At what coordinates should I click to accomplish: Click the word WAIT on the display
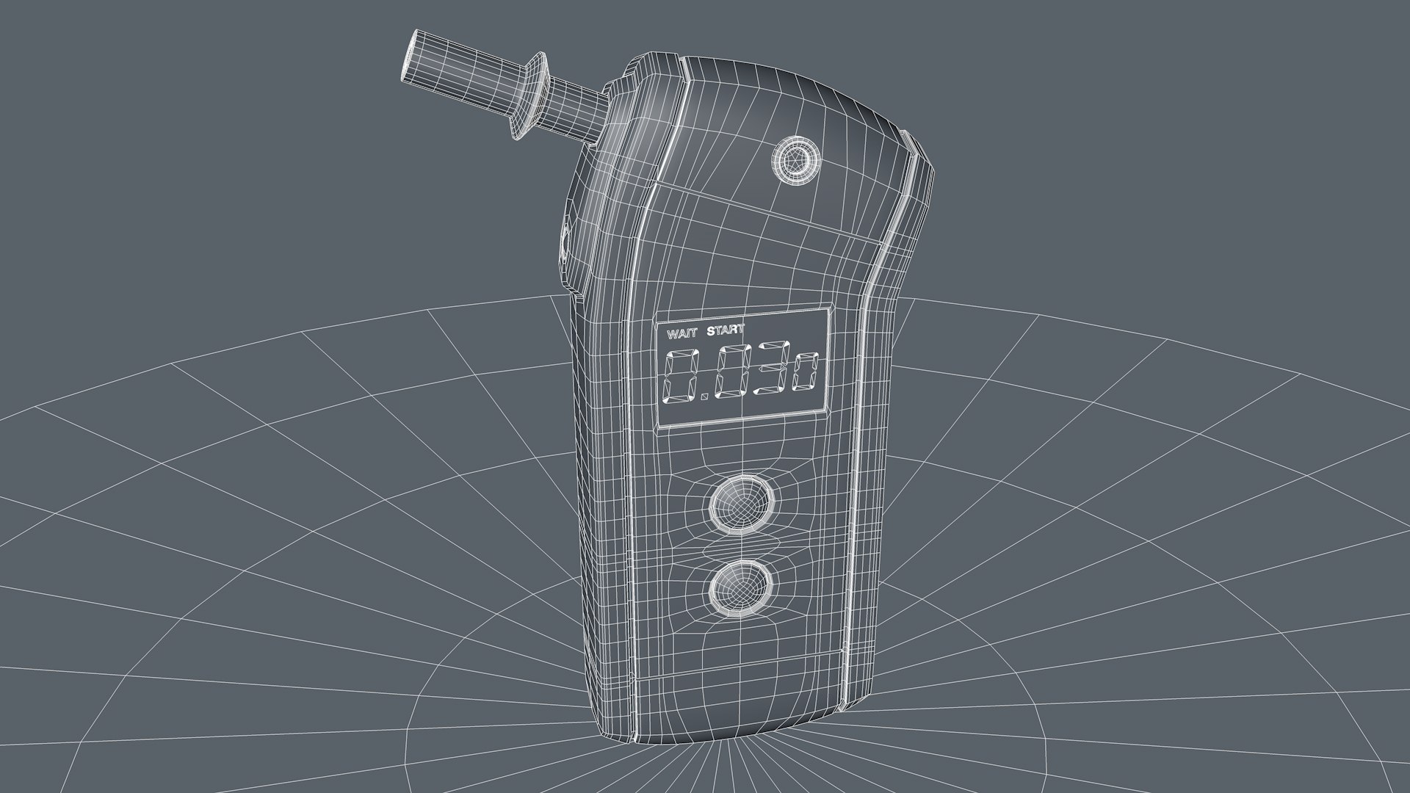click(x=681, y=333)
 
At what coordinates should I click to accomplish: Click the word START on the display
click(x=725, y=330)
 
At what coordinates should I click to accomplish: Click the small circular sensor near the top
click(x=795, y=160)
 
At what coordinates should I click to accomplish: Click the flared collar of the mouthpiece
click(x=533, y=95)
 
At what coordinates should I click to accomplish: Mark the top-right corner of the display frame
click(x=830, y=308)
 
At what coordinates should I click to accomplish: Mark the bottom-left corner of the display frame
click(x=659, y=427)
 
